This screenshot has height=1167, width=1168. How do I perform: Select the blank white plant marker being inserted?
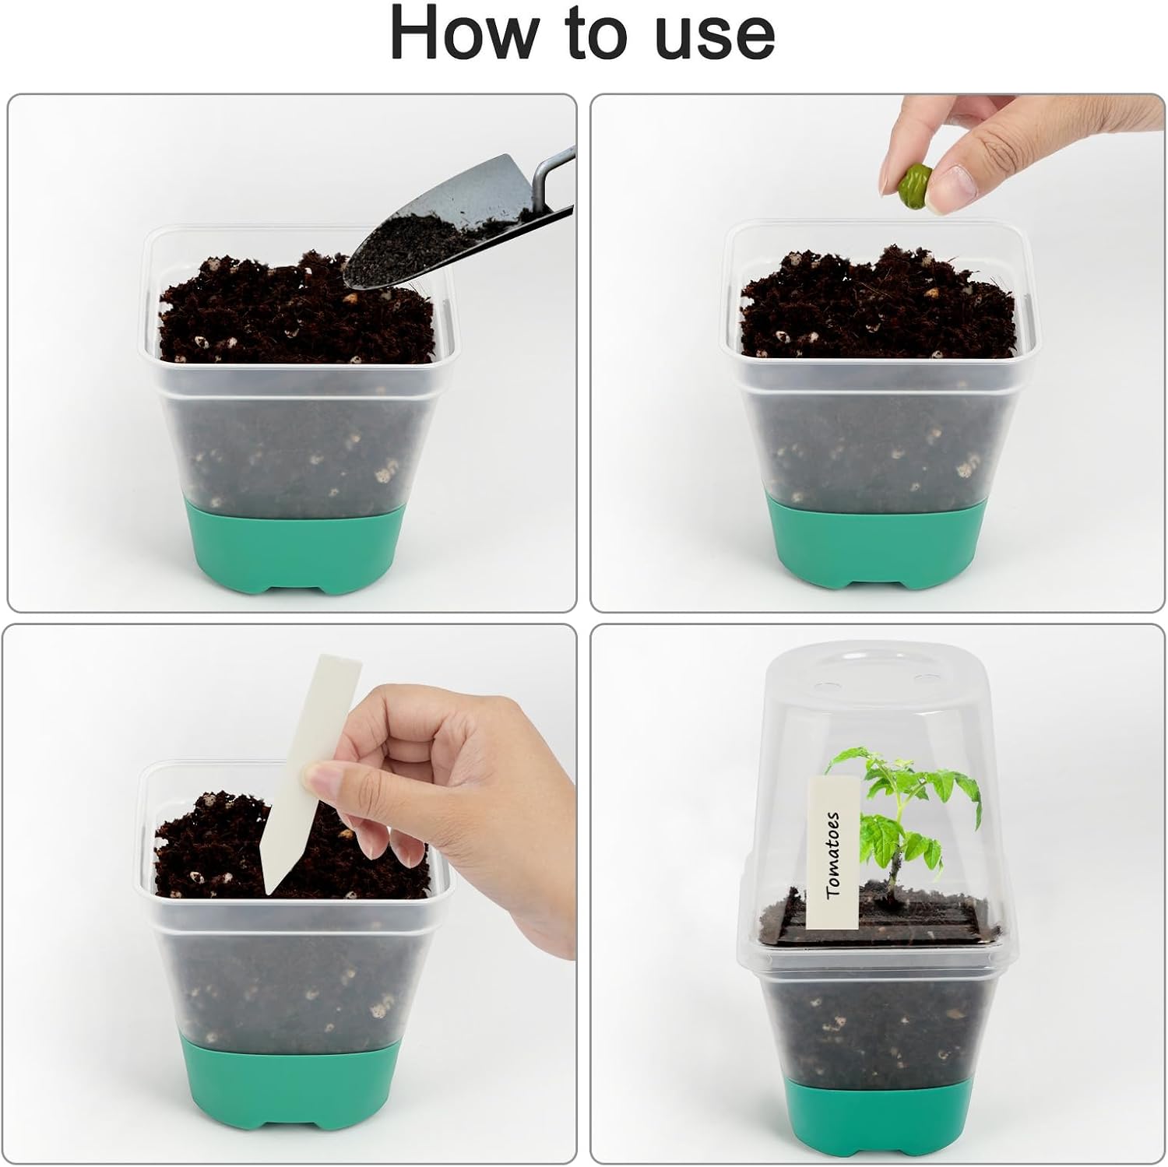(297, 771)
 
